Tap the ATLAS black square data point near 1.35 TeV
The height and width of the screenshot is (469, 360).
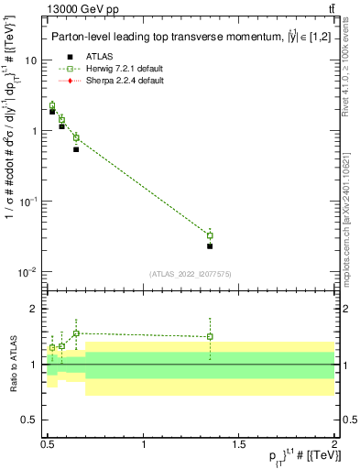(x=210, y=245)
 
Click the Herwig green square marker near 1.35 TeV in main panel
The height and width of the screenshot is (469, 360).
(x=210, y=235)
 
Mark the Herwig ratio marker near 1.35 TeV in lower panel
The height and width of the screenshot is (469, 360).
(x=210, y=336)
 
